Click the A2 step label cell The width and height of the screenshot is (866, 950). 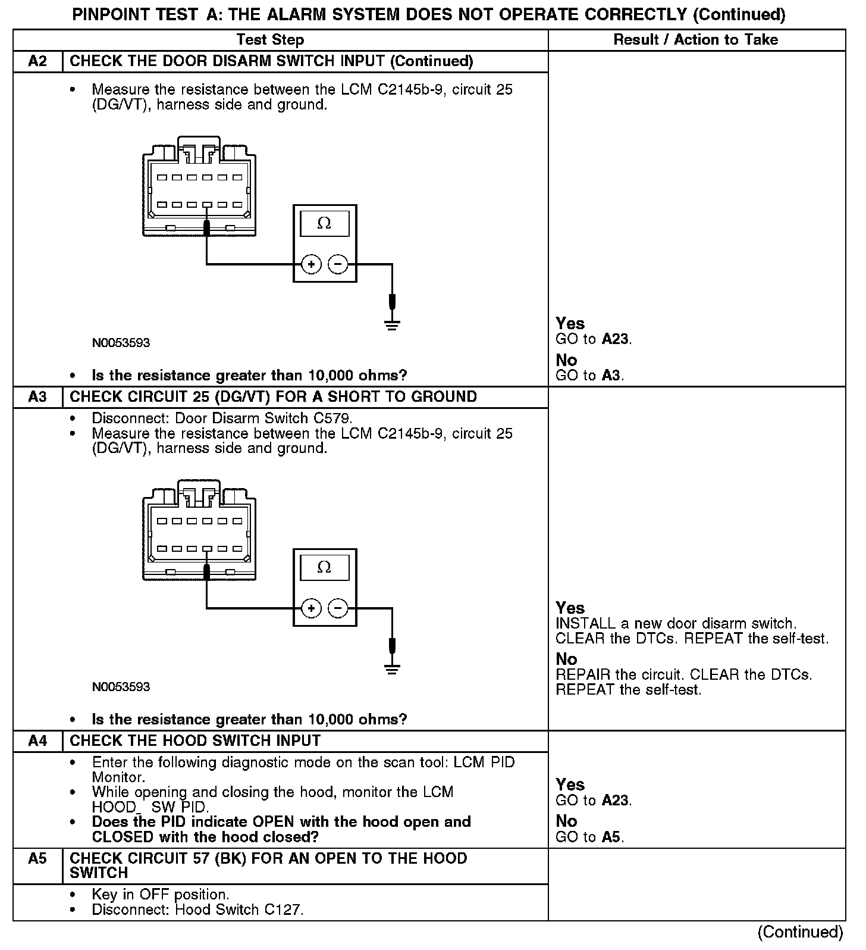click(x=37, y=61)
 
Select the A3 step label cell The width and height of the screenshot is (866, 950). click(x=37, y=397)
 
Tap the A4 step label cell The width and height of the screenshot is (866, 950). click(x=37, y=741)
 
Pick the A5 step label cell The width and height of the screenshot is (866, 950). click(x=37, y=859)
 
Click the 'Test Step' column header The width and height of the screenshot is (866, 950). click(x=270, y=40)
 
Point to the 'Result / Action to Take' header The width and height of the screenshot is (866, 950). click(x=695, y=40)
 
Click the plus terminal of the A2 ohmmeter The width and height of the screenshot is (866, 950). click(x=311, y=264)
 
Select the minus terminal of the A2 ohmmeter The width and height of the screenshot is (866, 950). click(x=338, y=264)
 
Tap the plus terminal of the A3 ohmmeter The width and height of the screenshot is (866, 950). click(x=311, y=608)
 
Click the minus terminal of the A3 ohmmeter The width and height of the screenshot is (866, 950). click(x=338, y=608)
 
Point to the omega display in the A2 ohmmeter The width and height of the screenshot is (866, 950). click(x=324, y=223)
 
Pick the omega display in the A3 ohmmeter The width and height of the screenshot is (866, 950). click(x=324, y=567)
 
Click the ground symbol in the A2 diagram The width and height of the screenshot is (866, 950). click(x=391, y=325)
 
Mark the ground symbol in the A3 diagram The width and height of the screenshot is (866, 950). click(x=391, y=669)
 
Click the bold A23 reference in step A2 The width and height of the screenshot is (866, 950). click(x=615, y=339)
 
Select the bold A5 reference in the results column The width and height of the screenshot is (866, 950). click(x=611, y=837)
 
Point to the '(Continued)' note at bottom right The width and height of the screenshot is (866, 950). click(x=801, y=932)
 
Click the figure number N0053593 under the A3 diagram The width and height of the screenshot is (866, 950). click(x=121, y=687)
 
